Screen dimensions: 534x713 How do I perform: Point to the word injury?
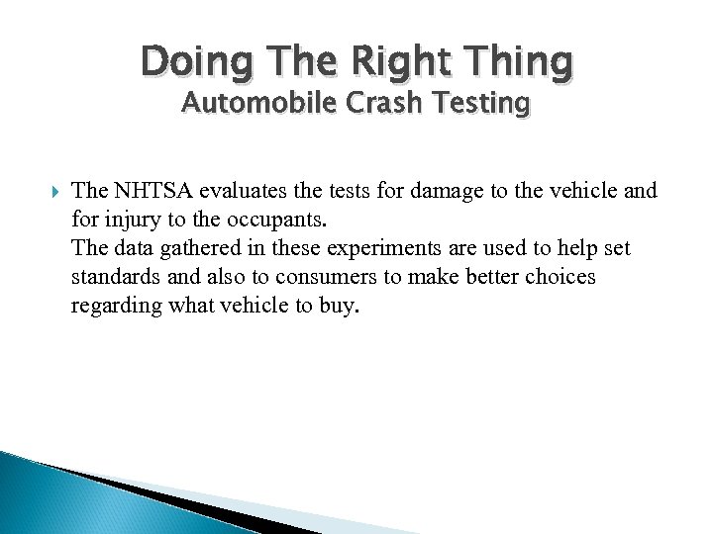[x=132, y=220]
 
